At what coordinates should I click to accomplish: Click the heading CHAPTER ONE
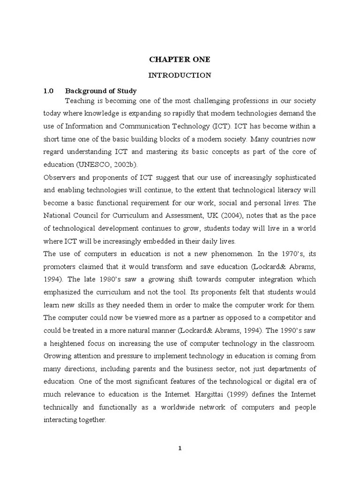(180, 60)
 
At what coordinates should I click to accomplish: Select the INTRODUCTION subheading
(180, 75)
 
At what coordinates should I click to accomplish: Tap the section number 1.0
(49, 90)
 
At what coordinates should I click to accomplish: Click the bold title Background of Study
(101, 90)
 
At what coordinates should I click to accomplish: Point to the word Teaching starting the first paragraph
(79, 101)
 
